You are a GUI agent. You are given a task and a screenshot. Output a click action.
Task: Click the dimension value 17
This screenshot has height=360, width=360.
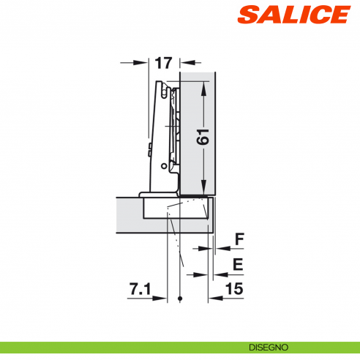163,64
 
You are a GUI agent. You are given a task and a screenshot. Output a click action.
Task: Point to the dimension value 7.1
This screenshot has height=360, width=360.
140,290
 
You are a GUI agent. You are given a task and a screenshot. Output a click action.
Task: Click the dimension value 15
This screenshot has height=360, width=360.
234,290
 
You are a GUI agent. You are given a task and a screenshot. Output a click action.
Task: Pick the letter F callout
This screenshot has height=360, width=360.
238,239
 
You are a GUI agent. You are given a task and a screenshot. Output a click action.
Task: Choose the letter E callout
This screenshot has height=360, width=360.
238,263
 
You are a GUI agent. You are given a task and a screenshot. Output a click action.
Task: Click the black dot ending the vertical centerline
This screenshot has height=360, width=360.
179,299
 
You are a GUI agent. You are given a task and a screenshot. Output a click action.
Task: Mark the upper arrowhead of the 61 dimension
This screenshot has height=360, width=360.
204,83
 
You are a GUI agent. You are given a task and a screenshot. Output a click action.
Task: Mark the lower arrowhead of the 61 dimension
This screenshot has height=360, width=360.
204,188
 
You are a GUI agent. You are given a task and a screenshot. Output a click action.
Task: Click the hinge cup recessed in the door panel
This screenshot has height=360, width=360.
176,209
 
